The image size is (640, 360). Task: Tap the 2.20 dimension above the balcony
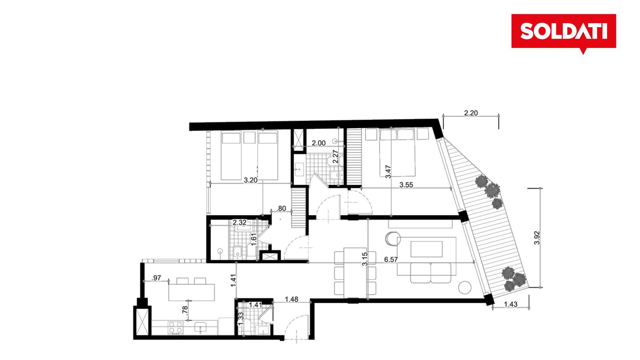(471, 113)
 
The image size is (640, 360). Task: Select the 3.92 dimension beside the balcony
(537, 238)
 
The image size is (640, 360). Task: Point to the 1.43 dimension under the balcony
(510, 304)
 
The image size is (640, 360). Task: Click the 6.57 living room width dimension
(391, 260)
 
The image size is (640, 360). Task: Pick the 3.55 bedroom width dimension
(406, 185)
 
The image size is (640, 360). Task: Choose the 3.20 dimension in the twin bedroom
(250, 180)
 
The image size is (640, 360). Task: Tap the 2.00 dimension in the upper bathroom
(318, 143)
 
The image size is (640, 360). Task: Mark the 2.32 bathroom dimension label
(240, 222)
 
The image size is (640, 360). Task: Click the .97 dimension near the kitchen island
(156, 278)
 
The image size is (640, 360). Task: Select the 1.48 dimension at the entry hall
(292, 299)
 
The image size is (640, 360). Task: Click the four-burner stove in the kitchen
(176, 328)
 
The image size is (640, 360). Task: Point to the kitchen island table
(192, 292)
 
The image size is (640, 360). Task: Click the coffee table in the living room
(426, 249)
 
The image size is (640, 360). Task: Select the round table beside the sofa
(464, 288)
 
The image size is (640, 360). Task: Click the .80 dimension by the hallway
(282, 208)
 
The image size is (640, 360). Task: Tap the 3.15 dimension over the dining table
(365, 259)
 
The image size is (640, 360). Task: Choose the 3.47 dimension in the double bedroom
(388, 172)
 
